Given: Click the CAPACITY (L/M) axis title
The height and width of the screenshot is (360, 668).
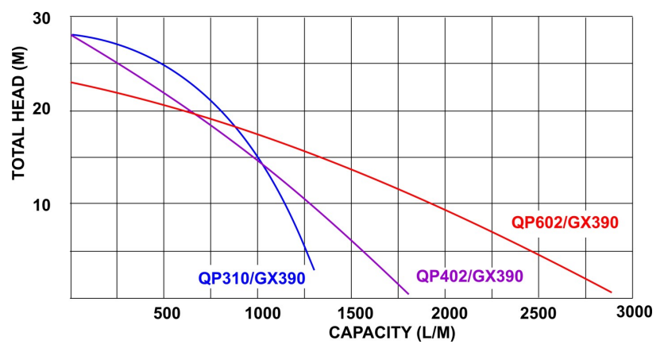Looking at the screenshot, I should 392,332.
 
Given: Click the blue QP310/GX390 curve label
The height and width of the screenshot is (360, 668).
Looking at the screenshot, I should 252,278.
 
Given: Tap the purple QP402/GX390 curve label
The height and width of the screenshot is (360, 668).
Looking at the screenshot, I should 469,277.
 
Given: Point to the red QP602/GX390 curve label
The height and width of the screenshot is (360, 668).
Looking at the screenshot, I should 564,223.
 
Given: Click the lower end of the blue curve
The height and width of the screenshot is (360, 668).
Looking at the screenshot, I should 314,269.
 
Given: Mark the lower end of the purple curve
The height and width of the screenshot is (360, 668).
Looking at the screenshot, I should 408,294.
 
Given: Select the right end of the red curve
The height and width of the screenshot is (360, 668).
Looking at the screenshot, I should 611,292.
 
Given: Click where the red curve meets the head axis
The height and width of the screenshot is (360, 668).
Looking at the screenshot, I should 71,82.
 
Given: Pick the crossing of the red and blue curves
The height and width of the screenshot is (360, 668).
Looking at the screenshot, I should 235,126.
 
